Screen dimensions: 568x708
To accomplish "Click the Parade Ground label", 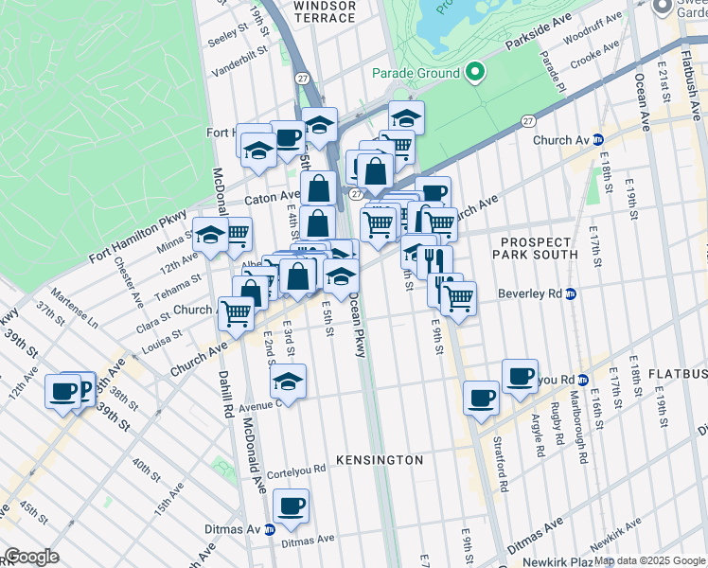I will pos(416,73).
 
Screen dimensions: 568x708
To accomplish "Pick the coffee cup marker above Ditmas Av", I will pos(291,506).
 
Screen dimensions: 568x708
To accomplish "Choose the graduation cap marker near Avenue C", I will pos(289,382).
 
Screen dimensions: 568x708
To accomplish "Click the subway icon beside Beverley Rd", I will pos(572,293).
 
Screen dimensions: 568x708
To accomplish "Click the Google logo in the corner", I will pos(31,557).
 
